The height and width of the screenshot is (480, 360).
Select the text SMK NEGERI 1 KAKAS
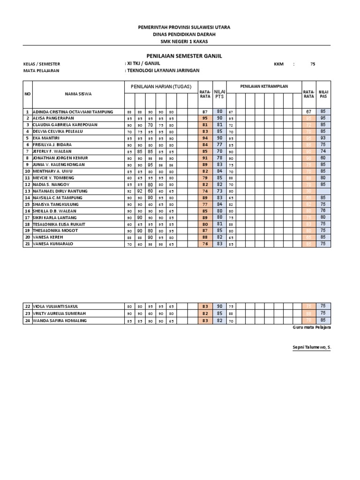point(184,41)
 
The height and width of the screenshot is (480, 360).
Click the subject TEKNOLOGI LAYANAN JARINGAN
point(163,70)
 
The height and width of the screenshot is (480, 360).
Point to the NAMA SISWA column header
point(78,94)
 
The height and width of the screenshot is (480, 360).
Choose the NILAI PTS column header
point(219,94)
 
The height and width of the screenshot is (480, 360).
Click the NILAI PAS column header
point(323,94)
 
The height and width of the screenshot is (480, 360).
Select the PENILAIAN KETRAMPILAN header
point(264,87)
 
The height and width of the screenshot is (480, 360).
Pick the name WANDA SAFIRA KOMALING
point(60,321)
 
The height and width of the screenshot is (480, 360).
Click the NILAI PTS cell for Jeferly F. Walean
point(219,151)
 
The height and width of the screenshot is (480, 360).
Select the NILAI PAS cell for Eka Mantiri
point(323,138)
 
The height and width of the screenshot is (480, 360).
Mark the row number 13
point(28,191)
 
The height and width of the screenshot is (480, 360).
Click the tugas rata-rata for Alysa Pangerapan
point(205,119)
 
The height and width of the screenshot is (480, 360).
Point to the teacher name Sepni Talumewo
point(311,347)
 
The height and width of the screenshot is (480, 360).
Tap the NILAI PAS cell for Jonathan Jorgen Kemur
point(323,158)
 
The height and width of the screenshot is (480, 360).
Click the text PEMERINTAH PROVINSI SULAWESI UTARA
point(184,27)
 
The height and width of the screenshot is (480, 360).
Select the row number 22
point(28,306)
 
